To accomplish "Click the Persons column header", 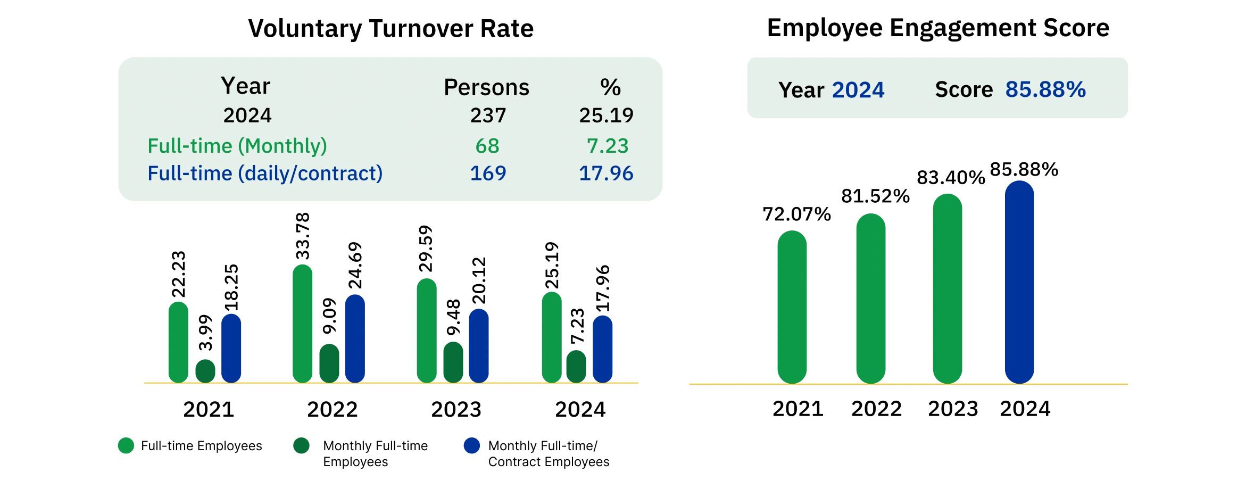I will pyautogui.click(x=486, y=87).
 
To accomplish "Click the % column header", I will pyautogui.click(x=610, y=87).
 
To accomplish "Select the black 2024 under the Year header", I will pyautogui.click(x=247, y=115).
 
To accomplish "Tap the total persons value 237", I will pyautogui.click(x=488, y=115).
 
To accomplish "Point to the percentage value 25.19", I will pyautogui.click(x=606, y=115).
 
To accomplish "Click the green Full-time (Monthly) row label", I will pyautogui.click(x=237, y=146).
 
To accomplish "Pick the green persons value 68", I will pyautogui.click(x=487, y=146).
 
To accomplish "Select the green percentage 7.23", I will pyautogui.click(x=608, y=146).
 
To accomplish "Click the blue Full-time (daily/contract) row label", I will pyautogui.click(x=265, y=173).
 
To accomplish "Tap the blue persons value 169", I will pyautogui.click(x=488, y=173).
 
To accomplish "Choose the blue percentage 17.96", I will pyautogui.click(x=606, y=173).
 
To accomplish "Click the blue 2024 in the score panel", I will pyautogui.click(x=858, y=90).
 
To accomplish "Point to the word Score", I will pyautogui.click(x=963, y=90).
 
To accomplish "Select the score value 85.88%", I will pyautogui.click(x=1045, y=89).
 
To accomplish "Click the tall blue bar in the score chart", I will pyautogui.click(x=1019, y=282).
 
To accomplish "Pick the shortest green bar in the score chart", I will pyautogui.click(x=792, y=307).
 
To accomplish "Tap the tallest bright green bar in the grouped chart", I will pyautogui.click(x=302, y=323).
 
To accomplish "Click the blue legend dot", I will pyautogui.click(x=472, y=445).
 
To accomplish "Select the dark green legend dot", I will pyautogui.click(x=301, y=445).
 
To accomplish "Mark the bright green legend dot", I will pyautogui.click(x=126, y=445).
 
